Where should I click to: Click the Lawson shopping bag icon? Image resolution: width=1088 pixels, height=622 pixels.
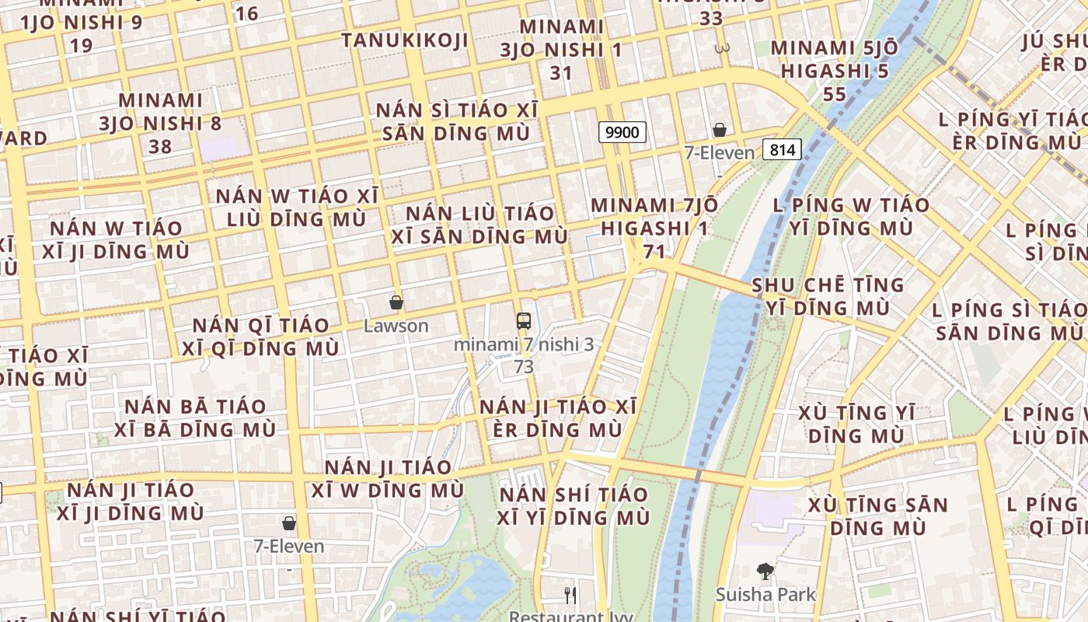396,302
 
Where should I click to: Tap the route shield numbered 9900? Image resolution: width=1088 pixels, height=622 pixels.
622,132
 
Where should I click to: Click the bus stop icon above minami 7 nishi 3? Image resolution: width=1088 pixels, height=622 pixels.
524,320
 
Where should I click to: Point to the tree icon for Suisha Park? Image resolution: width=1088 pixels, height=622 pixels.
765,571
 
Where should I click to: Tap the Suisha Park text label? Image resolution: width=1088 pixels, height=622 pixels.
765,595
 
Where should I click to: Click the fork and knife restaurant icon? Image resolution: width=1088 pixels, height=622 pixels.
570,596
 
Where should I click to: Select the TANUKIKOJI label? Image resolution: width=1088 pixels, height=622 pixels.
405,40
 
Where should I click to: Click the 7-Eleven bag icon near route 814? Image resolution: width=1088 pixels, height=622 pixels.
720,130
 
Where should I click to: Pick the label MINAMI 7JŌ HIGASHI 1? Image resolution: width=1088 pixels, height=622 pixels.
654,217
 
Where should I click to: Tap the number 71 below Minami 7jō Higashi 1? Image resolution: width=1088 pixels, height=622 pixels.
654,251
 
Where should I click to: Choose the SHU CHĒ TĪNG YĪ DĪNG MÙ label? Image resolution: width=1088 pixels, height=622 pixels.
828,297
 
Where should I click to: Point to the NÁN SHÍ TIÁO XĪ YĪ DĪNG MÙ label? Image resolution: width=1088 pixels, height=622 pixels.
574,506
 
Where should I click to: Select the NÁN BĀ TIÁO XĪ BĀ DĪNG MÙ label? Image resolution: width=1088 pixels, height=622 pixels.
195,418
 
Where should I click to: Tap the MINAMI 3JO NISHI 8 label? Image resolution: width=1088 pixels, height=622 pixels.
161,112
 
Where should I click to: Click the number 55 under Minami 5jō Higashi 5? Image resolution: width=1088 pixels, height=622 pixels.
835,94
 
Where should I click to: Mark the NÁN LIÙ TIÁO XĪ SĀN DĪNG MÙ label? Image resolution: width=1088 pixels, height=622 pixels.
480,225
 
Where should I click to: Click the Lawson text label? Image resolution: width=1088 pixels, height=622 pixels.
396,326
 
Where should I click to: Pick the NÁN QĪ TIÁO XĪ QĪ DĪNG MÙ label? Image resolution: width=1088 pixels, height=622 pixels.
260,337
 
